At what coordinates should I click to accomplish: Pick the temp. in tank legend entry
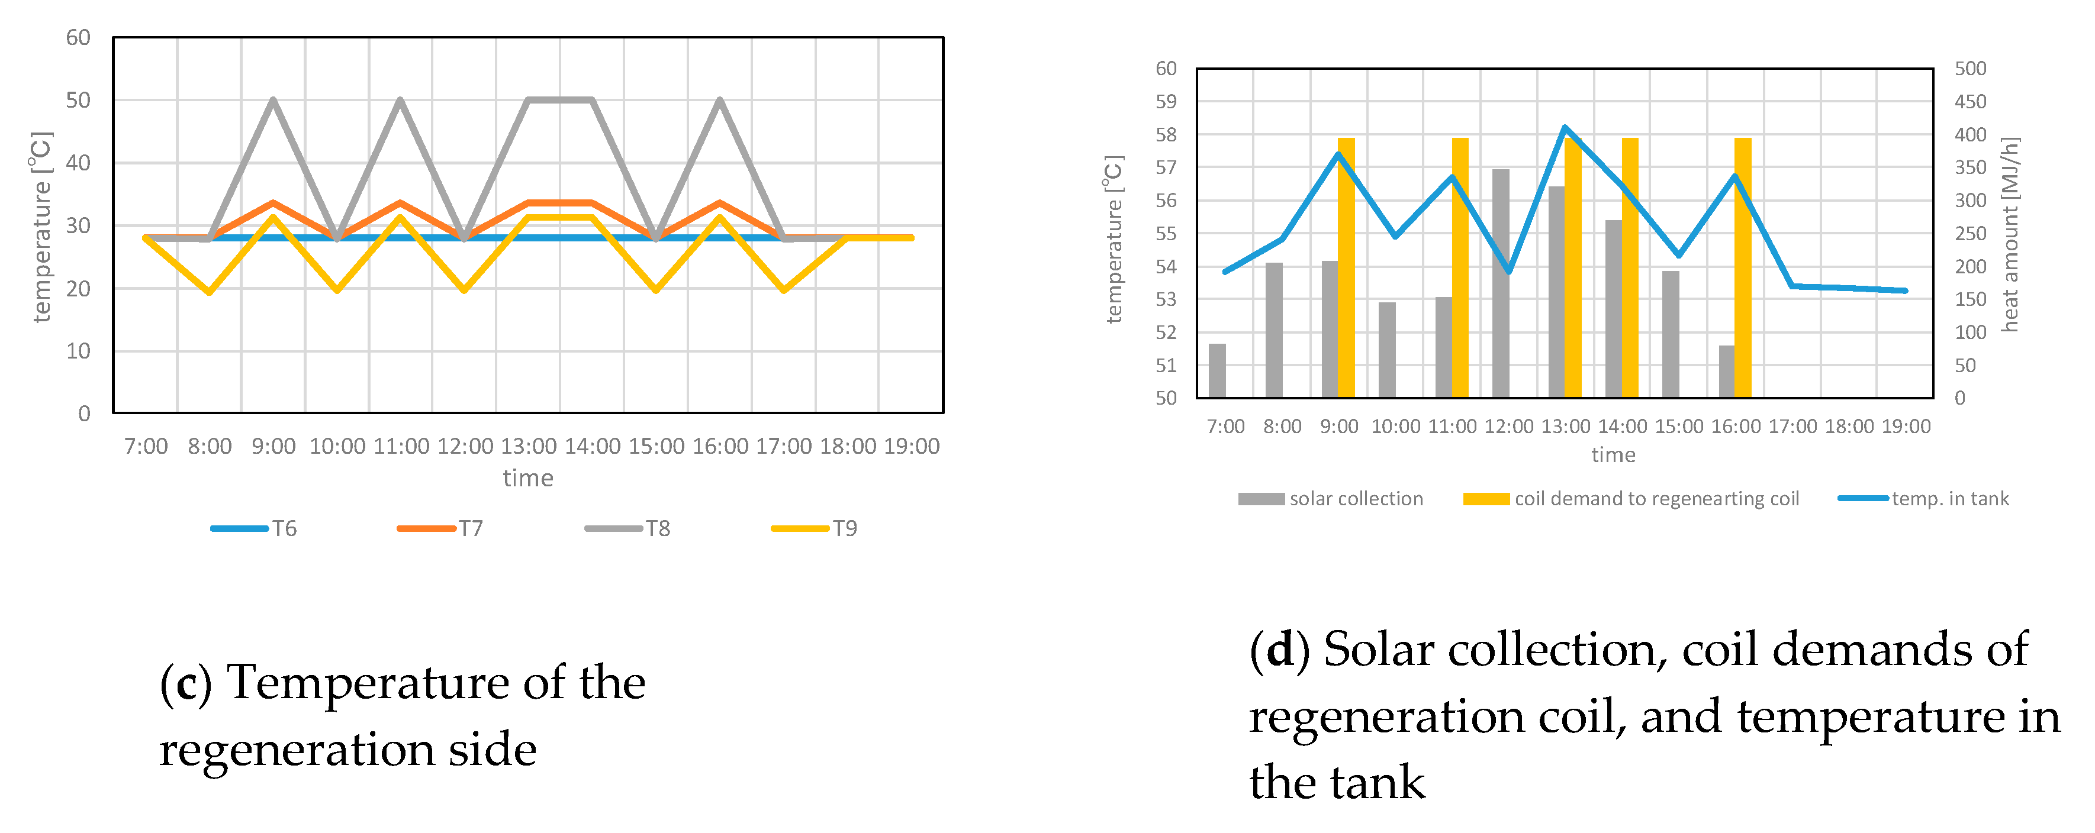(x=1924, y=498)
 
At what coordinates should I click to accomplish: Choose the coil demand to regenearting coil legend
(x=1631, y=498)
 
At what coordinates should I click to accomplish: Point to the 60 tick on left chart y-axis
(x=78, y=37)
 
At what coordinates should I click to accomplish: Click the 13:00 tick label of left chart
(x=529, y=446)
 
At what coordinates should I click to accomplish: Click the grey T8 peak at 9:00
(x=273, y=100)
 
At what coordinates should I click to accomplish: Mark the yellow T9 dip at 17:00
(x=784, y=290)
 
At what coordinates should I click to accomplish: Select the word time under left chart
(x=528, y=478)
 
